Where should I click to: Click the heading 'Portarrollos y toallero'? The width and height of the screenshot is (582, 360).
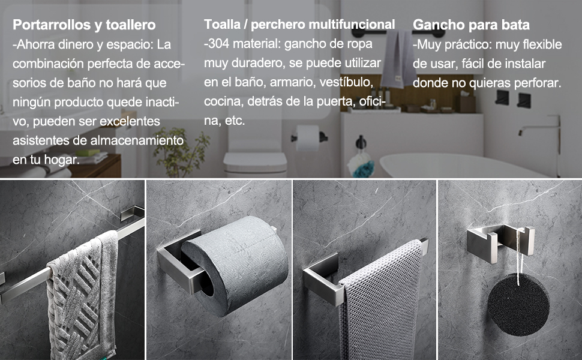pos(84,25)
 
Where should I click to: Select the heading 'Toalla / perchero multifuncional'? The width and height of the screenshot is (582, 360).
pos(299,25)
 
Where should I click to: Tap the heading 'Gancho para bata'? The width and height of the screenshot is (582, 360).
pos(471,25)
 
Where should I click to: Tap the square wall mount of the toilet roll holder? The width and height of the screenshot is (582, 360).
pos(170,264)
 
